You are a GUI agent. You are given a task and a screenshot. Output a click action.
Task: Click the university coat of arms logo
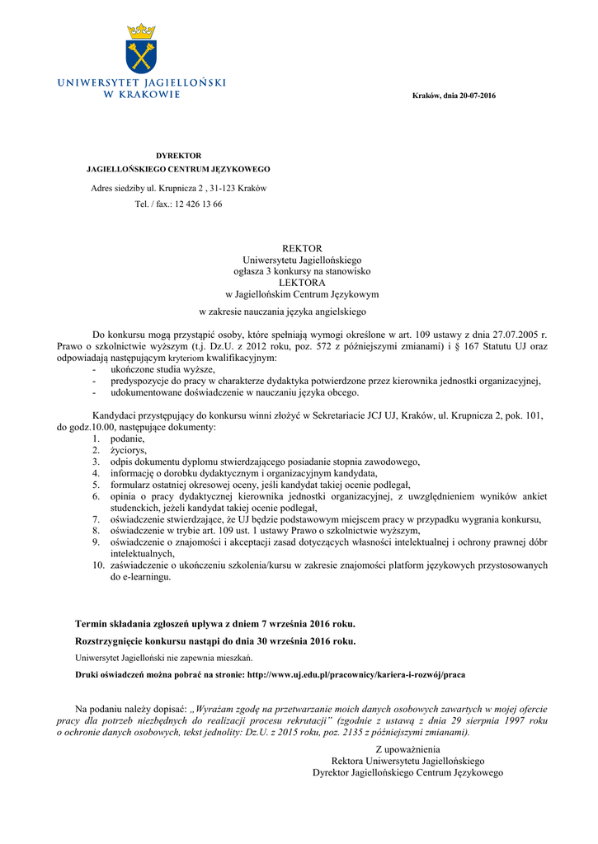141,49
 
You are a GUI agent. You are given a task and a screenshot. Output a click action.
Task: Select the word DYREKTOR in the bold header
179,156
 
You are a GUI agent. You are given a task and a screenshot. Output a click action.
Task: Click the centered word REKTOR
302,248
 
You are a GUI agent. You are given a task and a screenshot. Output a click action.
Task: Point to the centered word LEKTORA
302,282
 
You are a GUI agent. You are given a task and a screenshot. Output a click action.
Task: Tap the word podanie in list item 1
127,439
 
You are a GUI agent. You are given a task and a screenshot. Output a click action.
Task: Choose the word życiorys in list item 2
128,451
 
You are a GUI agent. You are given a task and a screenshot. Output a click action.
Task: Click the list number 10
97,566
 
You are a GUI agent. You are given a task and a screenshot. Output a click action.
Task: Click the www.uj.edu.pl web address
357,674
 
